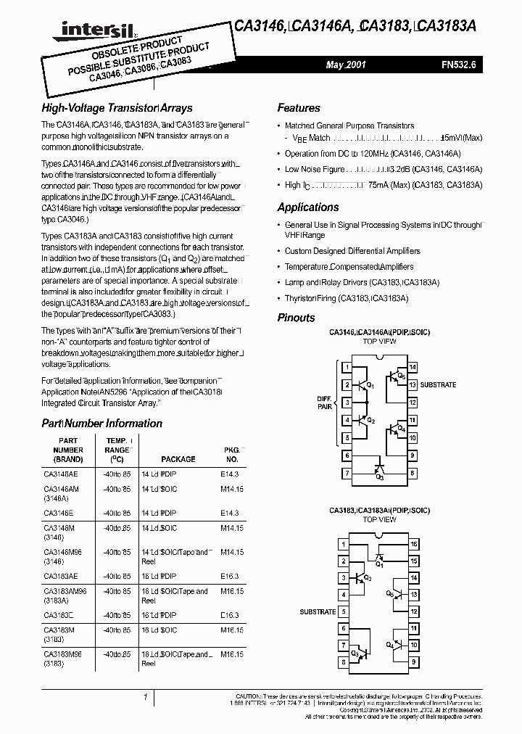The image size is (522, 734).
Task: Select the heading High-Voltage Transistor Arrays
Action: pos(117,108)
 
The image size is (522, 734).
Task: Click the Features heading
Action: pos(299,108)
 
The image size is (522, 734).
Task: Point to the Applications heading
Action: pos(307,207)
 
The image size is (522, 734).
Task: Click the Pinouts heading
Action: pos(297,318)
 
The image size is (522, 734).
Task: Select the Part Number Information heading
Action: pos(101,424)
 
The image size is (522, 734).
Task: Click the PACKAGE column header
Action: pos(178,459)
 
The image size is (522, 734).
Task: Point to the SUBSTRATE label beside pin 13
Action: pos(438,384)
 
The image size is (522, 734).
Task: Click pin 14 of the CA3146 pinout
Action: pos(413,368)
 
